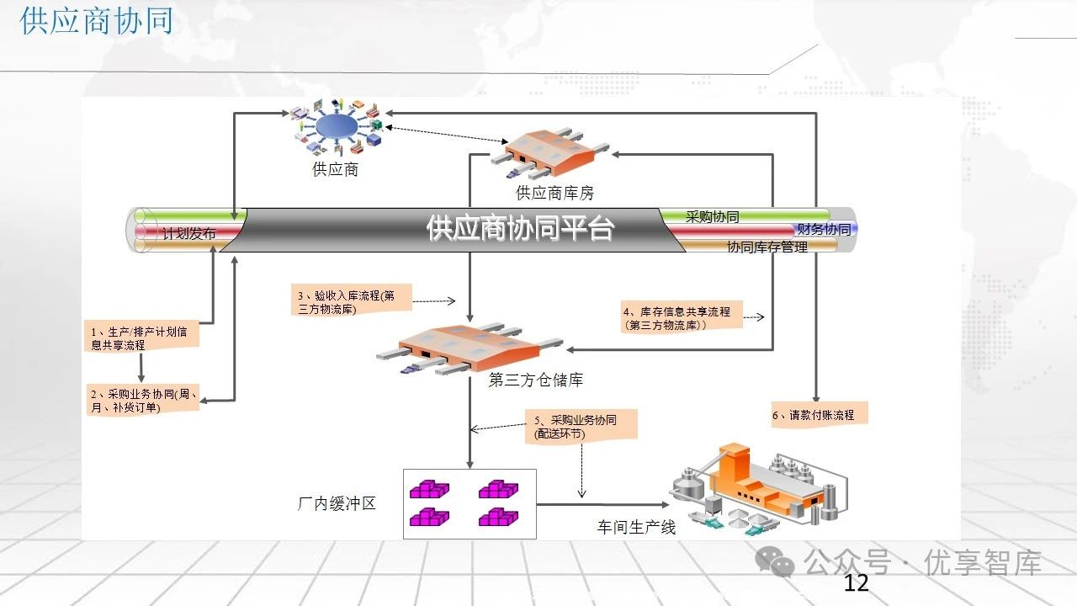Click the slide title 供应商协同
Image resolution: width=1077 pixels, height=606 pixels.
(96, 21)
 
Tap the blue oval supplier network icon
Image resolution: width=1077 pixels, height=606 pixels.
(334, 126)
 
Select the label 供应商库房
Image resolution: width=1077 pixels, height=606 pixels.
(554, 194)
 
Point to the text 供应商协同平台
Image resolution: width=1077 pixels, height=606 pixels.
(520, 228)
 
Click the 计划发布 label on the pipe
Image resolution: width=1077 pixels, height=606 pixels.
(188, 234)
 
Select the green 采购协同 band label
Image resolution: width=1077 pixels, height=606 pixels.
(712, 216)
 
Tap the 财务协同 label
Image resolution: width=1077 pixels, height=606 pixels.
(823, 229)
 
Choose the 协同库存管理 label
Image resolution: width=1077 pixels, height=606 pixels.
(767, 247)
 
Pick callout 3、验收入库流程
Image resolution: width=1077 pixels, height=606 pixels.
(346, 302)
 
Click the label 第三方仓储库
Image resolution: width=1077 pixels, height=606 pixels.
(535, 380)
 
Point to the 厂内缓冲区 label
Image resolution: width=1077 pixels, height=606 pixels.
(336, 504)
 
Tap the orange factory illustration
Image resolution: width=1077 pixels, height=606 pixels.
(757, 489)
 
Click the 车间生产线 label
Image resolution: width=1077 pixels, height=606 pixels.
(636, 528)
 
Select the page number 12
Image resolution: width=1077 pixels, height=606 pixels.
(855, 583)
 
